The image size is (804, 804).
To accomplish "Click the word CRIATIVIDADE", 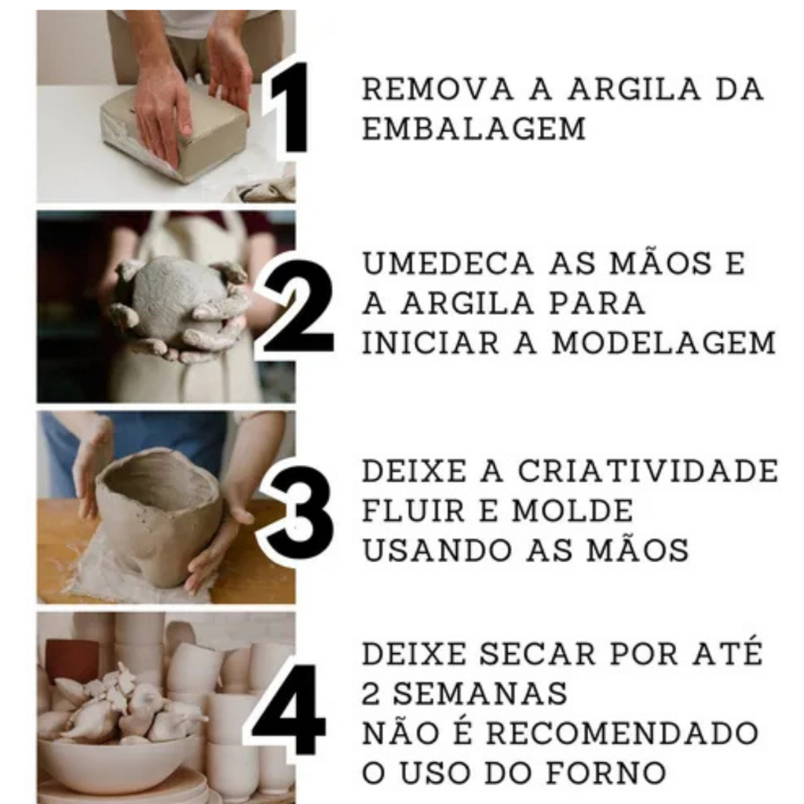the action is click(648, 471).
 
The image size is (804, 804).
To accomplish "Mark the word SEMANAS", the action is click(480, 694).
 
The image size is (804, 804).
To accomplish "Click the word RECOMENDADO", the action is click(622, 733).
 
